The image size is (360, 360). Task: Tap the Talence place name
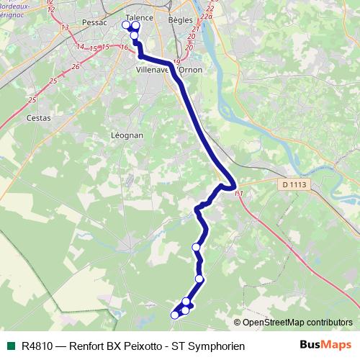(x=140, y=17)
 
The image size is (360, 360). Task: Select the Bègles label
(x=181, y=21)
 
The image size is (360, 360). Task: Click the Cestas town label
(x=37, y=117)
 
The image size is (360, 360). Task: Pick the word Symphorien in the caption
(x=218, y=346)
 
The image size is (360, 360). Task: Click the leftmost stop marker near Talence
(x=126, y=25)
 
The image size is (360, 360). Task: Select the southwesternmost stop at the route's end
(x=174, y=315)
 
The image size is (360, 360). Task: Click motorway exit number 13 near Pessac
(x=65, y=27)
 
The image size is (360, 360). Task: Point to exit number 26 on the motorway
(x=76, y=66)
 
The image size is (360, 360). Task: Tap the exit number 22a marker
(x=208, y=17)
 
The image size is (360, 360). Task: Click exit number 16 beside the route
(x=125, y=48)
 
